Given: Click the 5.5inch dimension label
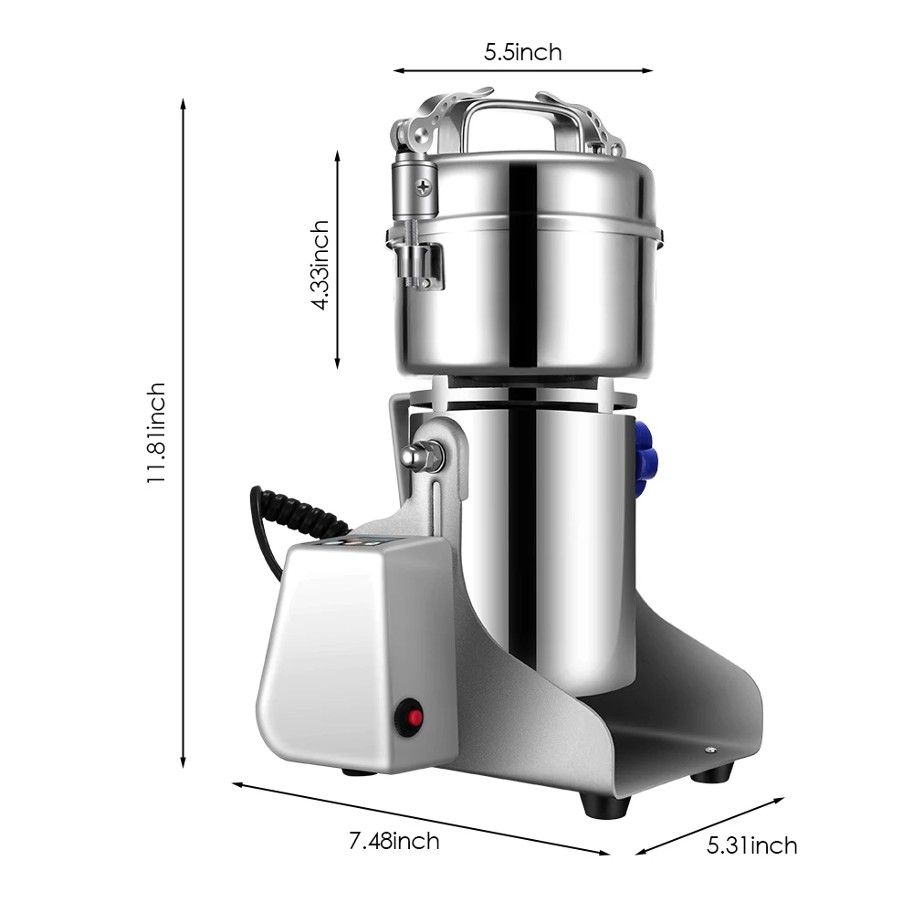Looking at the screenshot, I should [x=522, y=52].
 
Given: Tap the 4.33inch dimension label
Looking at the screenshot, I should [x=320, y=265].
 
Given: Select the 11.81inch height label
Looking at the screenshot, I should [x=157, y=433].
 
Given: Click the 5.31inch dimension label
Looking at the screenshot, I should [x=751, y=845].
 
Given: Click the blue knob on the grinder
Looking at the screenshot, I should [x=645, y=456].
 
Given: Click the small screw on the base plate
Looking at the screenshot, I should [x=710, y=750].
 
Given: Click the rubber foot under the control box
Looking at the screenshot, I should [x=358, y=772].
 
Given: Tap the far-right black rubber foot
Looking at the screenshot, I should [x=710, y=773].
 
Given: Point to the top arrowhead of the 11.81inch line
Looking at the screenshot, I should [x=184, y=103].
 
